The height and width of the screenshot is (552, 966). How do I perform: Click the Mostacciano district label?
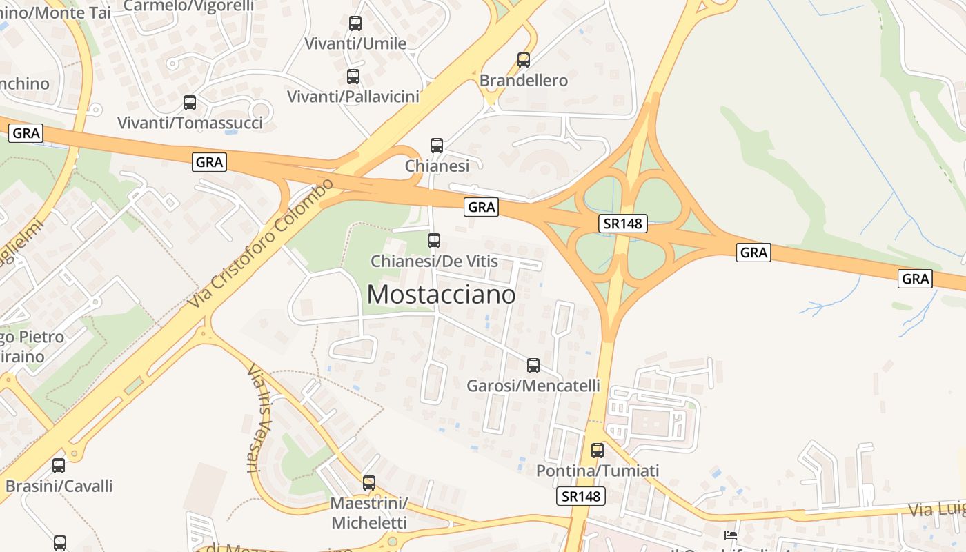[x=441, y=295]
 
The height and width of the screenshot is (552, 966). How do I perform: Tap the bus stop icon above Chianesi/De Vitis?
[x=434, y=241]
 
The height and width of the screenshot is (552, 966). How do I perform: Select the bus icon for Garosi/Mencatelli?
[x=533, y=366]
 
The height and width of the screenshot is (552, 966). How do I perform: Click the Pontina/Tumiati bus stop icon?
[x=598, y=451]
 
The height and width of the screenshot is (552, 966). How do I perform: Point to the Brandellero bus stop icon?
[x=524, y=60]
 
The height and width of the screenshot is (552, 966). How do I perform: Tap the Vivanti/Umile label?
[x=355, y=43]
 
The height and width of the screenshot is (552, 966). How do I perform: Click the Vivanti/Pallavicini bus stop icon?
[x=353, y=77]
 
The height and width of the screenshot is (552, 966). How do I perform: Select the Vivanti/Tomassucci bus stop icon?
[x=190, y=103]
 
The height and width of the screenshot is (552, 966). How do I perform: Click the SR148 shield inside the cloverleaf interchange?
[x=622, y=224]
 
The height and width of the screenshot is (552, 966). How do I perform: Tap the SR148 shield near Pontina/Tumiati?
[x=580, y=496]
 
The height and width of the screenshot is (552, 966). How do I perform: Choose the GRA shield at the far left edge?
[x=26, y=132]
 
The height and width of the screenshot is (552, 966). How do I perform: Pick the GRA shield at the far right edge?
[x=915, y=279]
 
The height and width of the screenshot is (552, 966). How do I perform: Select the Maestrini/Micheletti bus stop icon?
[x=369, y=483]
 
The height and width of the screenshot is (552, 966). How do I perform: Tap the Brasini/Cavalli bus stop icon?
[x=59, y=466]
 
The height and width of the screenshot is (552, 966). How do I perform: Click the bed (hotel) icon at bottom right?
[x=731, y=535]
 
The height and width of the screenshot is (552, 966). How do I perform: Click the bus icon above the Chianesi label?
[x=437, y=146]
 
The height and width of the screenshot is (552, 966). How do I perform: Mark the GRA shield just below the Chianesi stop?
[x=481, y=207]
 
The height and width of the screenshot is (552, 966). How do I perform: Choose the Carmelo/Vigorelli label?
[x=189, y=6]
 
